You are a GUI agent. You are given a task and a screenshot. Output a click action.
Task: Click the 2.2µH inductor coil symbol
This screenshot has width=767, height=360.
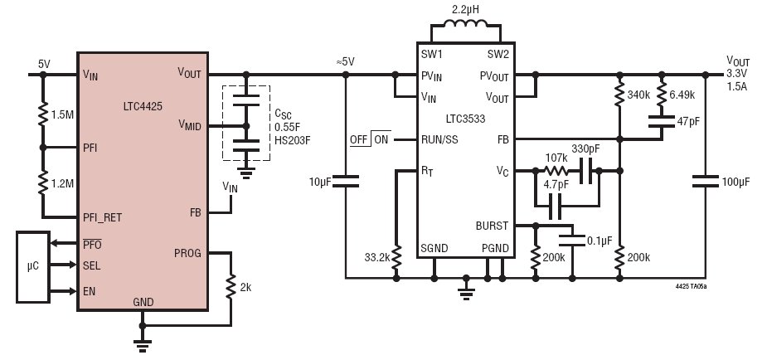pyautogui.click(x=465, y=24)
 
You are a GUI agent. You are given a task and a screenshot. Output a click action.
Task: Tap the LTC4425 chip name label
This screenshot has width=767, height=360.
pyautogui.click(x=143, y=106)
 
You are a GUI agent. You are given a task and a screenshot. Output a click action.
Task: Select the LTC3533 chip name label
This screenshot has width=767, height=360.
pyautogui.click(x=466, y=119)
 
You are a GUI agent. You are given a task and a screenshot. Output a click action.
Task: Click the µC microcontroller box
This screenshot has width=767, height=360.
pyautogui.click(x=33, y=267)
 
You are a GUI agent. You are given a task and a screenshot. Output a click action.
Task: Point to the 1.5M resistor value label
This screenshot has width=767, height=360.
pyautogui.click(x=62, y=115)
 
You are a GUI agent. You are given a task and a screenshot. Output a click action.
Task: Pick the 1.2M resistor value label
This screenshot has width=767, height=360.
pyautogui.click(x=62, y=183)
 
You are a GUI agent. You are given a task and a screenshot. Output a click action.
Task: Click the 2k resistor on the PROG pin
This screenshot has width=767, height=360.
pyautogui.click(x=231, y=287)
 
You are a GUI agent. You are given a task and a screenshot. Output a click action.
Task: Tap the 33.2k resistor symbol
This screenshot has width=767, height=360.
pyautogui.click(x=396, y=258)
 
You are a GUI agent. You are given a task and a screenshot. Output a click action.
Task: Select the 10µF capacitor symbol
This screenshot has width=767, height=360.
pyautogui.click(x=345, y=181)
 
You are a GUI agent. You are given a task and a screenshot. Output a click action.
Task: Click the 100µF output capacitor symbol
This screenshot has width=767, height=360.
pyautogui.click(x=706, y=182)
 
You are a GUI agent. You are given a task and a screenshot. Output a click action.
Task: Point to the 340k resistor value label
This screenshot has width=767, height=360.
pyautogui.click(x=638, y=95)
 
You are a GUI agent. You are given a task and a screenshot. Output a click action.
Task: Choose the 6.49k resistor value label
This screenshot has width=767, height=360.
pyautogui.click(x=682, y=95)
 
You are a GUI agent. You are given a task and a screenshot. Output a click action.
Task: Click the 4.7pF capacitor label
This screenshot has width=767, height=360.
pyautogui.click(x=556, y=185)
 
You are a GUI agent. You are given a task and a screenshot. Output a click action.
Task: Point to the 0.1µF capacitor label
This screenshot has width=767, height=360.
pyautogui.click(x=600, y=241)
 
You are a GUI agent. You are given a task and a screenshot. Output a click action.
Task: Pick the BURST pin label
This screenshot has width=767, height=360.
pyautogui.click(x=492, y=226)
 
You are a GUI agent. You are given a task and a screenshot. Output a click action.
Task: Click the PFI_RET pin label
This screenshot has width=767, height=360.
pyautogui.click(x=102, y=217)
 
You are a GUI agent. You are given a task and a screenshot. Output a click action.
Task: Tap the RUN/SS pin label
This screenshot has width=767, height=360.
pyautogui.click(x=439, y=140)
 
